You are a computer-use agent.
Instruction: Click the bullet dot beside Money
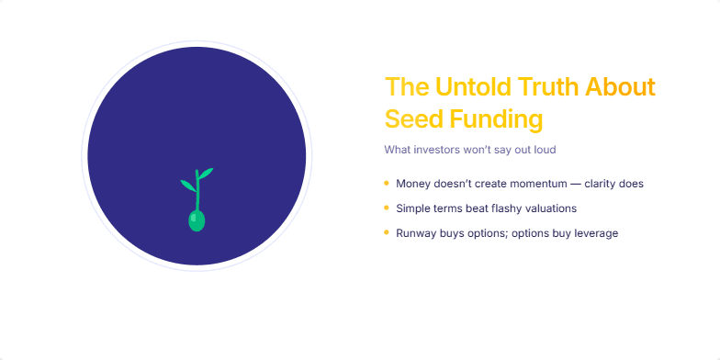pos(387,183)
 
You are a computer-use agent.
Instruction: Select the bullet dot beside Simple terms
pos(387,208)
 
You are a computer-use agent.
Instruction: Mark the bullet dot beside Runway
pos(387,232)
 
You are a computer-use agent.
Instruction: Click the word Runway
pos(415,233)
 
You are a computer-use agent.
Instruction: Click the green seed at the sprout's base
pos(197,220)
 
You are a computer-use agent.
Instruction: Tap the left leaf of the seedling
pos(187,185)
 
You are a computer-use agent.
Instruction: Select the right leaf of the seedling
pos(207,172)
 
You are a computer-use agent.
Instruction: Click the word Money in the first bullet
pos(412,184)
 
